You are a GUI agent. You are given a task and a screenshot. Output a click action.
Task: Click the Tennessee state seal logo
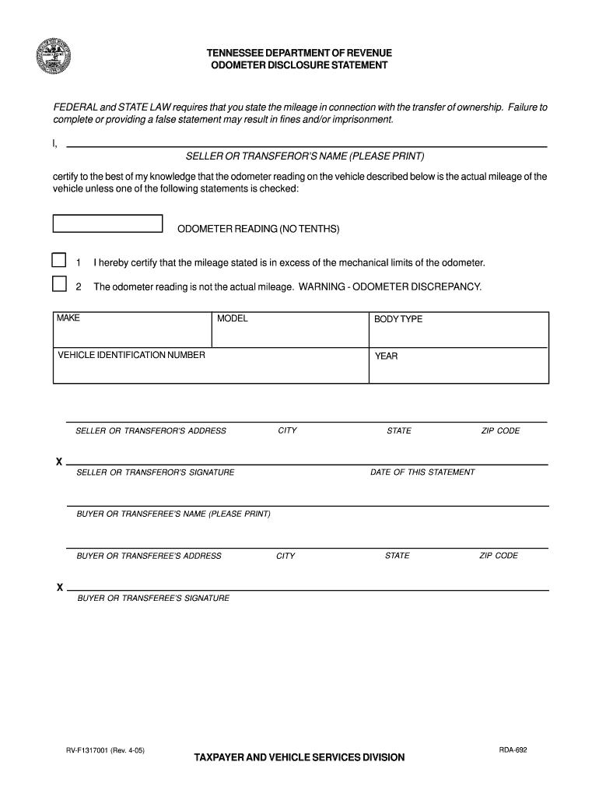[x=56, y=58]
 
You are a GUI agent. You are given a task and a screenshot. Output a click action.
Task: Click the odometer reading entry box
[x=107, y=223]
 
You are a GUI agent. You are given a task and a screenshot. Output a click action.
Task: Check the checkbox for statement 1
[x=59, y=261]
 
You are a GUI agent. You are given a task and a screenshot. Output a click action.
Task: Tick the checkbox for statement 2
[x=59, y=284]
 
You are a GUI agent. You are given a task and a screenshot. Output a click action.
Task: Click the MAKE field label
[x=68, y=318]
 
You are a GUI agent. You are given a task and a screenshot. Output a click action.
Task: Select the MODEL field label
[x=232, y=319]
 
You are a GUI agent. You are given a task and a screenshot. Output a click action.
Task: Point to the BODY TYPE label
[x=398, y=319]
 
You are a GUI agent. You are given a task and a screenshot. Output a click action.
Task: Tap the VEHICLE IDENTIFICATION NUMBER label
[x=131, y=355]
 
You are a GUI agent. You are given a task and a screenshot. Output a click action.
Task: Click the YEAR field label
[x=386, y=356]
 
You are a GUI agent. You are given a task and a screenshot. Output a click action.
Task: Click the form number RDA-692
[x=513, y=750]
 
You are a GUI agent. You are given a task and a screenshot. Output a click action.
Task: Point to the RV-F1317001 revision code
[x=105, y=750]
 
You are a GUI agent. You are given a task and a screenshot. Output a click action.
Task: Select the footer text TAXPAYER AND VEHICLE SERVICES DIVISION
[x=299, y=757]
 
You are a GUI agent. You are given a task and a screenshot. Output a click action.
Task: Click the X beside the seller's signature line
[x=59, y=462]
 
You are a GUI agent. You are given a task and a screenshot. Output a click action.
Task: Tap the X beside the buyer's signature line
[x=59, y=588]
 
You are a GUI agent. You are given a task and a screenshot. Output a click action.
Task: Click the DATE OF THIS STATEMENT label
[x=422, y=472]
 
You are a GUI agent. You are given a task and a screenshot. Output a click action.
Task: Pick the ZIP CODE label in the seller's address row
[x=500, y=431]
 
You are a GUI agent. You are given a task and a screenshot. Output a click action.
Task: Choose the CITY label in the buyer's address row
[x=285, y=556]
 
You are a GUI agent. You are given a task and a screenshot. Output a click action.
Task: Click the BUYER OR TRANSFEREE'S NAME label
[x=173, y=514]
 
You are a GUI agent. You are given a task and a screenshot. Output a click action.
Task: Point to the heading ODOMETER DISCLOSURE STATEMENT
[x=299, y=65]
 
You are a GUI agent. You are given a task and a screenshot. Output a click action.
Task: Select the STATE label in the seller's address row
[x=399, y=431]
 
